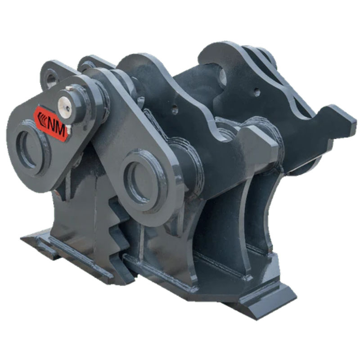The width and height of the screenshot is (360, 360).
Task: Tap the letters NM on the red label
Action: coord(56,127)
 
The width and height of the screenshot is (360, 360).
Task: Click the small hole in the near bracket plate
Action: coord(175,109)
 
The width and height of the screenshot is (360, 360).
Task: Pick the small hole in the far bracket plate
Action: coord(257,92)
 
